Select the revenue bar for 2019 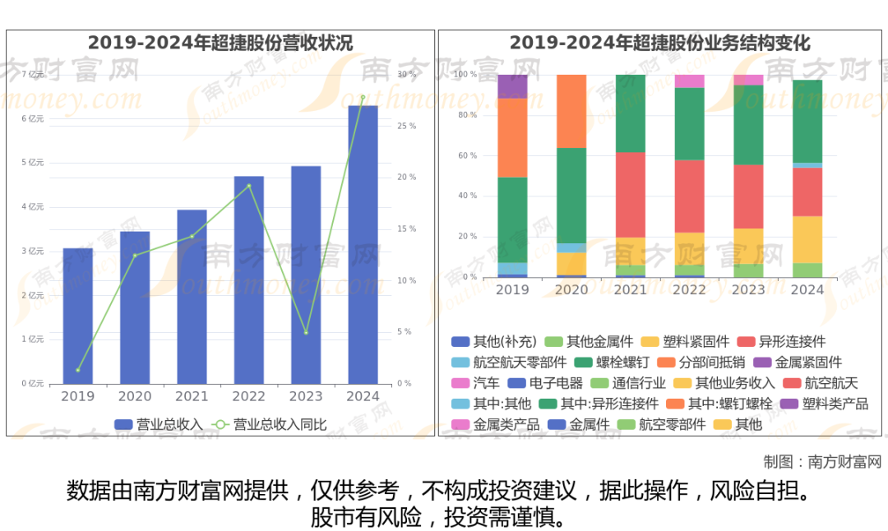point(78,316)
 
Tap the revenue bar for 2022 point(249,279)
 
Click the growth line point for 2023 point(306,333)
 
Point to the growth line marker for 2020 point(135,255)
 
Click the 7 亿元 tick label point(33,75)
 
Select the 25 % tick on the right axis point(406,126)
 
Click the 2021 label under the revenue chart point(192,396)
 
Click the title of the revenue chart point(220,43)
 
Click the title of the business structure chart point(659,43)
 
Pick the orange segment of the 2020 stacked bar point(571,111)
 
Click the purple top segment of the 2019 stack point(512,86)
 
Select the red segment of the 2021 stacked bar point(631,195)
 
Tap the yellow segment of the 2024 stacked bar point(807,239)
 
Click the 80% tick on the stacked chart point(467,115)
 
